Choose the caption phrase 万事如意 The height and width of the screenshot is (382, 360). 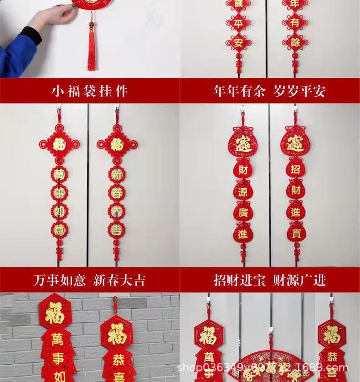(x=59, y=279)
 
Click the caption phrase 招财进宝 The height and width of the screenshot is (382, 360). (x=240, y=279)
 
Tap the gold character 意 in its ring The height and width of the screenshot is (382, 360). (x=59, y=229)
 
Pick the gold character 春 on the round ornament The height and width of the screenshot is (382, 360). (x=116, y=193)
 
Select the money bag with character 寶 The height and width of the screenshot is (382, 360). (x=296, y=232)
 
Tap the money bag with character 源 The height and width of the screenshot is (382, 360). (x=242, y=192)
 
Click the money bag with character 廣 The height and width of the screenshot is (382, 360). (x=242, y=212)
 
